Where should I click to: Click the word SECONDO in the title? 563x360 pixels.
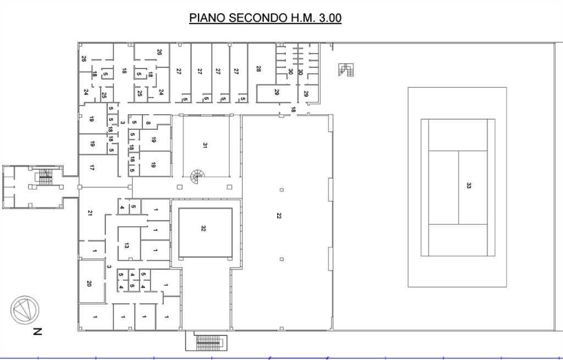tap(253, 18)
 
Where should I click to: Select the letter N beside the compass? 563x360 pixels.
tap(37, 331)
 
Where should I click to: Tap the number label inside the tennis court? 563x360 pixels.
tap(468, 186)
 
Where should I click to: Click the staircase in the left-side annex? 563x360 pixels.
tap(44, 177)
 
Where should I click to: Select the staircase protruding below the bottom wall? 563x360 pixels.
tap(208, 342)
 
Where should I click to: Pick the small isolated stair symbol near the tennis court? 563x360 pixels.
tap(346, 70)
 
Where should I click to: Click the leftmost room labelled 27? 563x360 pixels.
tap(179, 71)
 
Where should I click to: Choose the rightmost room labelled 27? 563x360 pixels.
tap(236, 71)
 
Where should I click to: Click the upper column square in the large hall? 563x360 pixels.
tap(281, 190)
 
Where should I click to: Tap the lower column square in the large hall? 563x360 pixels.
tap(281, 258)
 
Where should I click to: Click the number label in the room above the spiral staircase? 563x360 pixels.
tap(206, 146)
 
